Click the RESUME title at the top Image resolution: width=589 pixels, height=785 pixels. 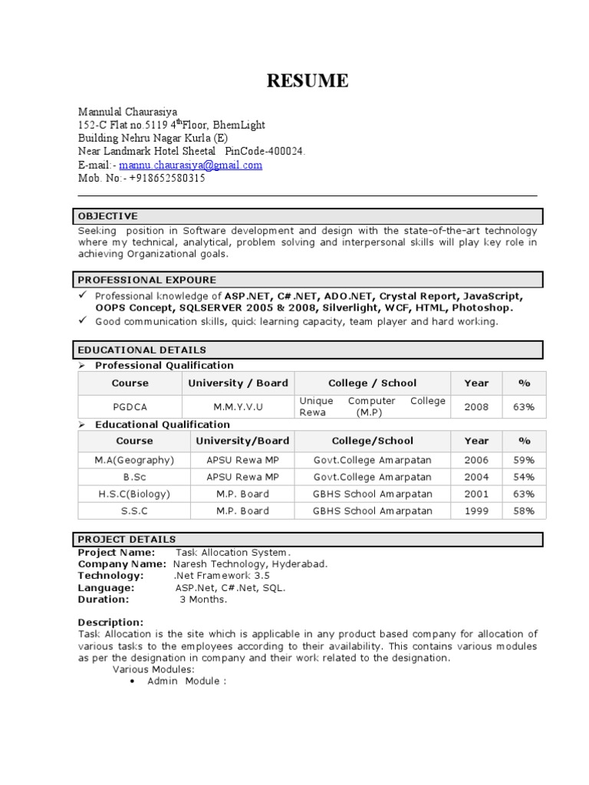pos(307,80)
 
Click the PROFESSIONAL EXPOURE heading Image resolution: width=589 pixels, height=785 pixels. pos(146,280)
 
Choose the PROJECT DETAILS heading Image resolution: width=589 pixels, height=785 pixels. pos(127,539)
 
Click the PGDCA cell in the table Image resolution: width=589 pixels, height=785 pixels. pos(130,407)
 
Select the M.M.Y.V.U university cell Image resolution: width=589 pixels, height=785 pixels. pos(238,407)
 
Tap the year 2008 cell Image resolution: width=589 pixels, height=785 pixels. pos(475,407)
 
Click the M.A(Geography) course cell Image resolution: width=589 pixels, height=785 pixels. pos(134,460)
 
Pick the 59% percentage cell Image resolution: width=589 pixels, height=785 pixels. pos(525,460)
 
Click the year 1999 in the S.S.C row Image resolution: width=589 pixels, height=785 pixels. pos(475,511)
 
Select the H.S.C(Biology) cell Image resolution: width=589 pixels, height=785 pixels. pos(134,494)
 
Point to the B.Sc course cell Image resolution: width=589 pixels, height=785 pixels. pos(134,477)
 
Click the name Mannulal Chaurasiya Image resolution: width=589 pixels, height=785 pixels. pos(127,112)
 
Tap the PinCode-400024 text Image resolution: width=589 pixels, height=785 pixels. pos(265,152)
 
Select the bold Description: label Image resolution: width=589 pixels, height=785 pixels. pos(110,622)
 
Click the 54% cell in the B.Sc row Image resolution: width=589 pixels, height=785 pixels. pos(525,477)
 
